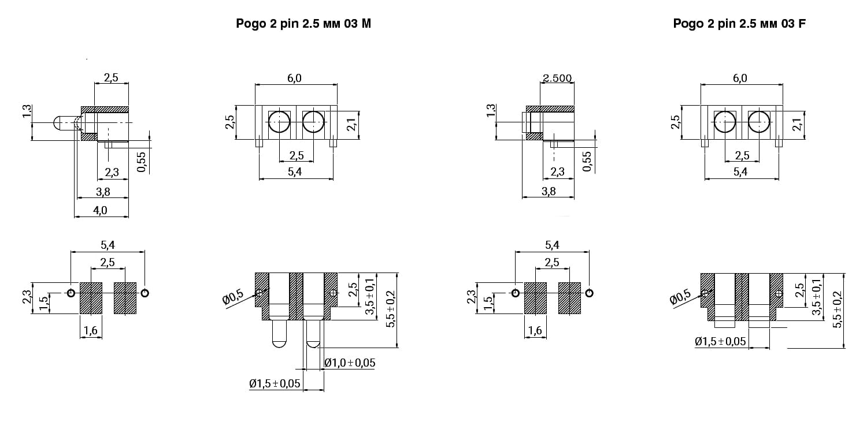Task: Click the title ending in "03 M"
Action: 303,24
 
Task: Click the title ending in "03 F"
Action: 739,24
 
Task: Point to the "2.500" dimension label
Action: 557,78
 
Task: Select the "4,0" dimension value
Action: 100,210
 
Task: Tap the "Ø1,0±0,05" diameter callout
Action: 350,363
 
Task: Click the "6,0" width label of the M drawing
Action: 294,78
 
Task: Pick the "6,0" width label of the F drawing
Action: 740,78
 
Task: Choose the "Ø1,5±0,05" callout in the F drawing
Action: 720,341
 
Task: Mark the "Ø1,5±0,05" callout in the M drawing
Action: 275,383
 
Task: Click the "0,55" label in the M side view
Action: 142,162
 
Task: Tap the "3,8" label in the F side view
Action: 549,191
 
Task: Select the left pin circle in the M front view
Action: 279,122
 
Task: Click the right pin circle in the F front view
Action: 759,122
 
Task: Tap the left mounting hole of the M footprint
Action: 71,293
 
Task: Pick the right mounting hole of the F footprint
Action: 589,293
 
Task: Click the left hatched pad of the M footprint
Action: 91,298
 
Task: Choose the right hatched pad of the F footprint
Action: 569,298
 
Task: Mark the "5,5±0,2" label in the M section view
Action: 391,309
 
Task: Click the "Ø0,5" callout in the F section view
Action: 680,298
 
